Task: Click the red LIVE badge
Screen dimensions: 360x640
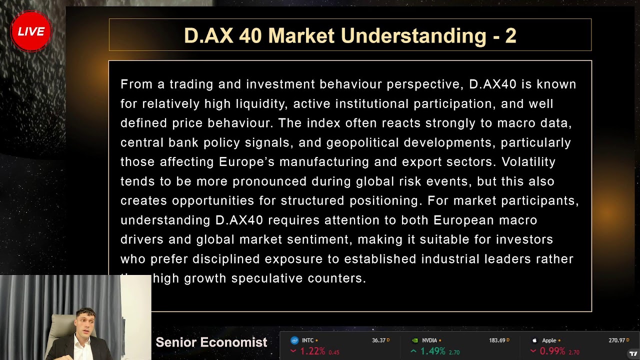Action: pos(31,31)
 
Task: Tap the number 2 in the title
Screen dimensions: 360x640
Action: pos(510,35)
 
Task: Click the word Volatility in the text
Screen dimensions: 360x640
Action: pos(528,162)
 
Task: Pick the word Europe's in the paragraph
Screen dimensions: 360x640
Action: pos(247,162)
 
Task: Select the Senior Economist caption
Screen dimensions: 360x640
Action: pos(211,342)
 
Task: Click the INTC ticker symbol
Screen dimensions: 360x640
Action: pos(307,340)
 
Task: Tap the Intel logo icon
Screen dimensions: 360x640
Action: pos(294,340)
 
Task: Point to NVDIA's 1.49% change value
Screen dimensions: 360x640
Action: pos(432,351)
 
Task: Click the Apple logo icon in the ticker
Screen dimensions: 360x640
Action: pos(534,340)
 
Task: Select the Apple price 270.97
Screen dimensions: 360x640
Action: pos(616,340)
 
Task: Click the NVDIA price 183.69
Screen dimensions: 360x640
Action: pos(496,340)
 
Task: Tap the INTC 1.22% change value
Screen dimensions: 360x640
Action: pos(312,351)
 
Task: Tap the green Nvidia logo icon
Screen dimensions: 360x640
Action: pos(414,340)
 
